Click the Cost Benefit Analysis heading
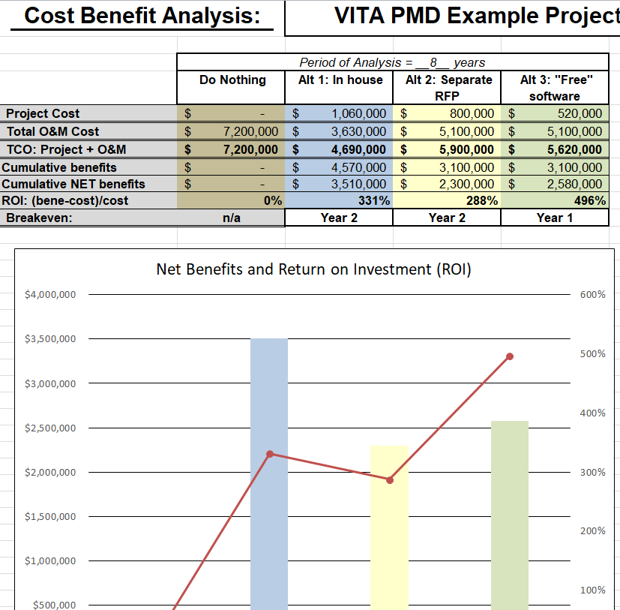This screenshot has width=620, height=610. click(142, 16)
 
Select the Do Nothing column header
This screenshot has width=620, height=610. click(232, 80)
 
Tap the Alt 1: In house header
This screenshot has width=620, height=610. click(340, 80)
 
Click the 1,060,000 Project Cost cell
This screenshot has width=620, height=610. click(359, 113)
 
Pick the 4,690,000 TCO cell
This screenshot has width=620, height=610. click(359, 150)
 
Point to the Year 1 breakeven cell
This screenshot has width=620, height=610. click(554, 218)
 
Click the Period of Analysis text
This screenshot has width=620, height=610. click(392, 62)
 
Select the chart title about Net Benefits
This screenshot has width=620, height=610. click(313, 269)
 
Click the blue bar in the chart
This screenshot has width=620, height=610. click(269, 480)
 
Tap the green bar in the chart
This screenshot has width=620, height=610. click(510, 518)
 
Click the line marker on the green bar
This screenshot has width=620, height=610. click(510, 356)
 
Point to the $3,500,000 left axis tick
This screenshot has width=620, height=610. click(50, 339)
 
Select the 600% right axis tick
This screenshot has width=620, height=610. click(592, 295)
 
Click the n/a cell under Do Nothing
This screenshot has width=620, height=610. click(231, 218)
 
